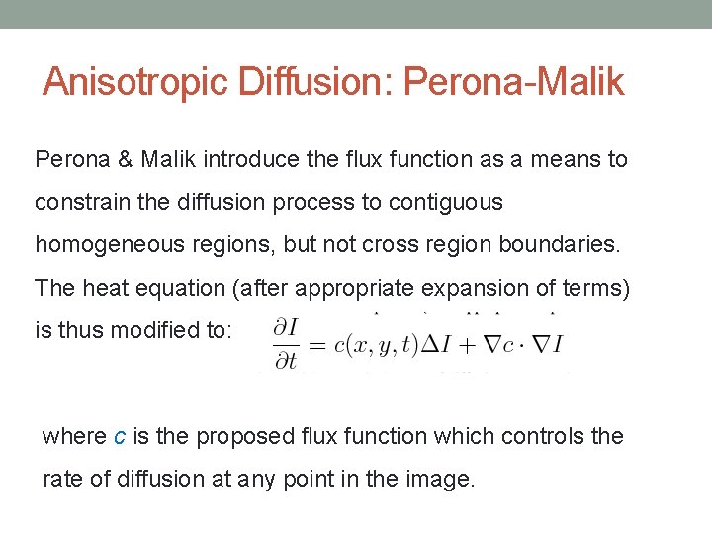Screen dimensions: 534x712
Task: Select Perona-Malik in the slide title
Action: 511,82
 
